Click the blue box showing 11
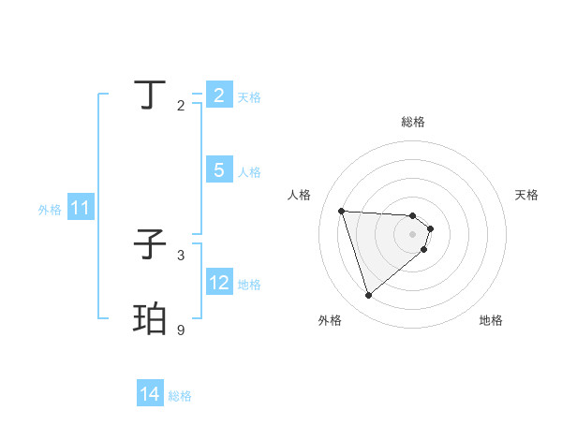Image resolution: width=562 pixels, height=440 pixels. (x=80, y=209)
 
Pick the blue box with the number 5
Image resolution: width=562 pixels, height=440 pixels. (x=219, y=170)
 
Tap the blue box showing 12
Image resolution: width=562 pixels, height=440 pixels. (x=219, y=283)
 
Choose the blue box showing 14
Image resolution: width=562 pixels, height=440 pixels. (x=150, y=395)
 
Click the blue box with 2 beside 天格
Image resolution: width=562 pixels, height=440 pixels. (x=219, y=95)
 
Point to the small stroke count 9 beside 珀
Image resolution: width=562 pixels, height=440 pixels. (x=181, y=330)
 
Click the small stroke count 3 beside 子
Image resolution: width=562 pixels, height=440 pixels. (x=181, y=255)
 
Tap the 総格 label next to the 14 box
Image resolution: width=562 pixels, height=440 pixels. (x=180, y=396)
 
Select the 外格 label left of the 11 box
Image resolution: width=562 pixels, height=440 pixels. (x=50, y=210)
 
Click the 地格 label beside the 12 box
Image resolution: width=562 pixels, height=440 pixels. (x=249, y=284)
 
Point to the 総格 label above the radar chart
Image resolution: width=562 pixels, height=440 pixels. (x=413, y=122)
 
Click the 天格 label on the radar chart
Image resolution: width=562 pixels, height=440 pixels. (x=526, y=195)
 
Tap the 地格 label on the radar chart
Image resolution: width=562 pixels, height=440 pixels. (x=491, y=320)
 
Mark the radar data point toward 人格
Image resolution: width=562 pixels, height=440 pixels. (x=342, y=211)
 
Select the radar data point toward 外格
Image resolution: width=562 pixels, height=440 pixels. (x=369, y=296)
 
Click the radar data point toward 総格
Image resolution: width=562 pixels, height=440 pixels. (x=413, y=215)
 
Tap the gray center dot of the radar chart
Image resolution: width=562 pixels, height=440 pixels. (x=413, y=234)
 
